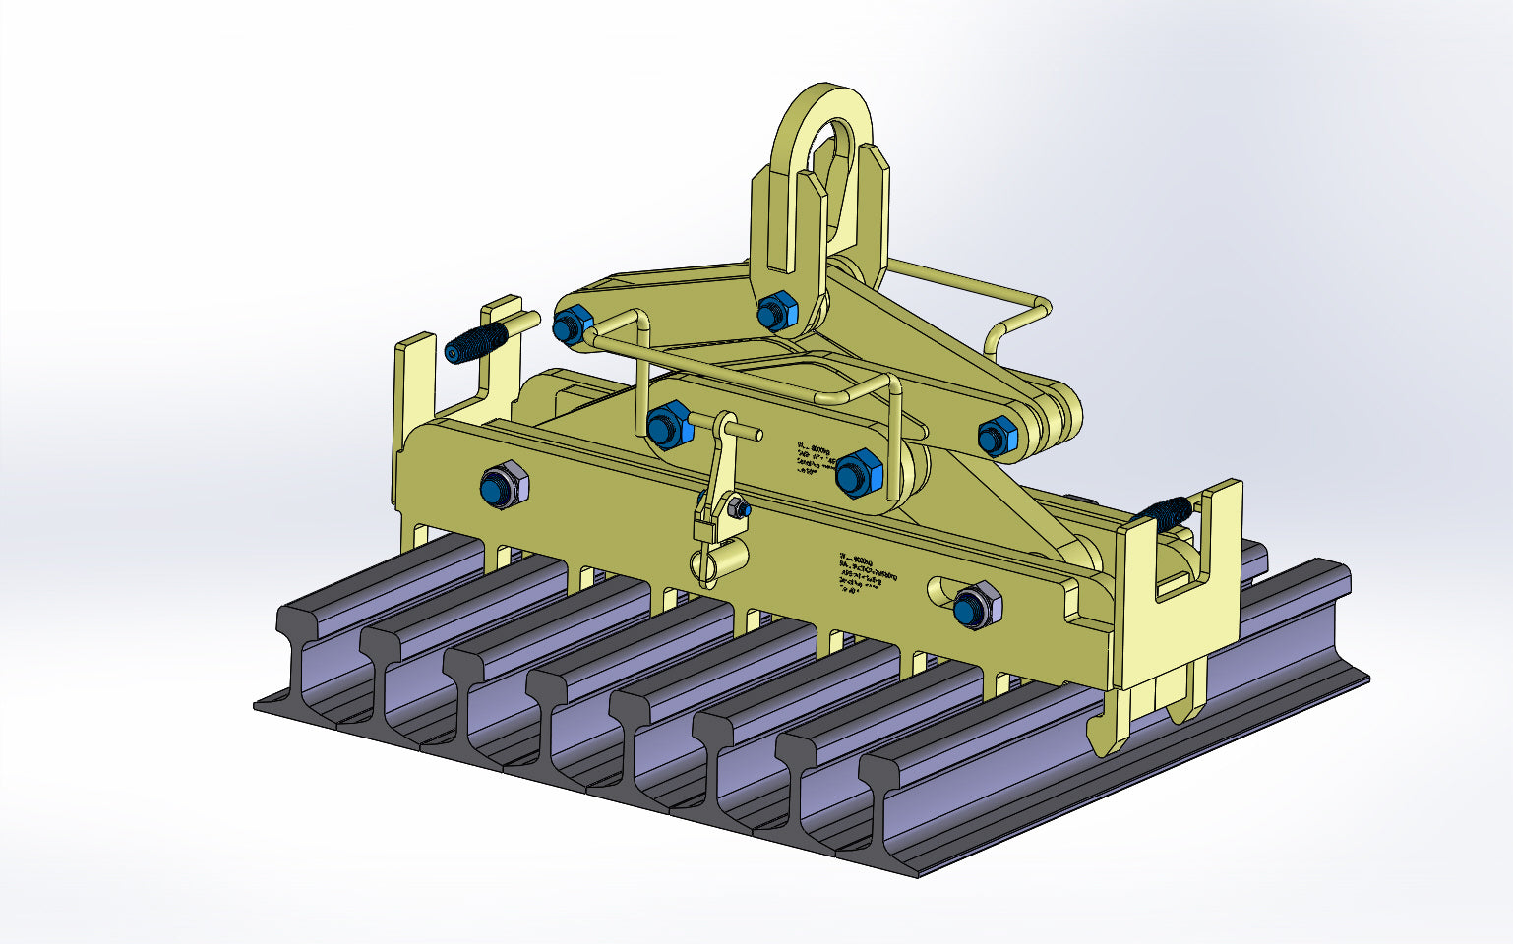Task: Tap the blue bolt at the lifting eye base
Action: [777, 312]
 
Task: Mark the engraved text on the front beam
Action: [869, 575]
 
